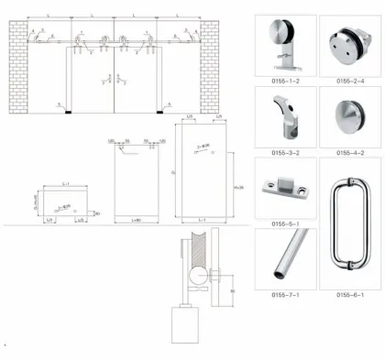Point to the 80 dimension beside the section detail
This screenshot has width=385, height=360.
[236, 292]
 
